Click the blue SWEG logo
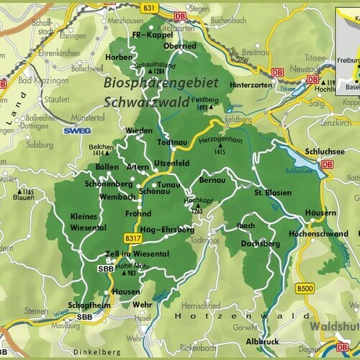[73, 132]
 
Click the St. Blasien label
[270, 192]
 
